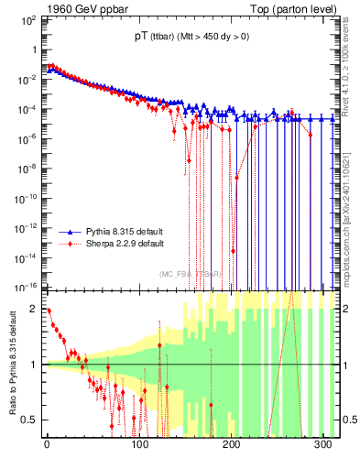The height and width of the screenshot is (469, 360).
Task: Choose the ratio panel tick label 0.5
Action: tap(30, 420)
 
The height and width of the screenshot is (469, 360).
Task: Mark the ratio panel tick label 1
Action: tap(34, 365)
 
